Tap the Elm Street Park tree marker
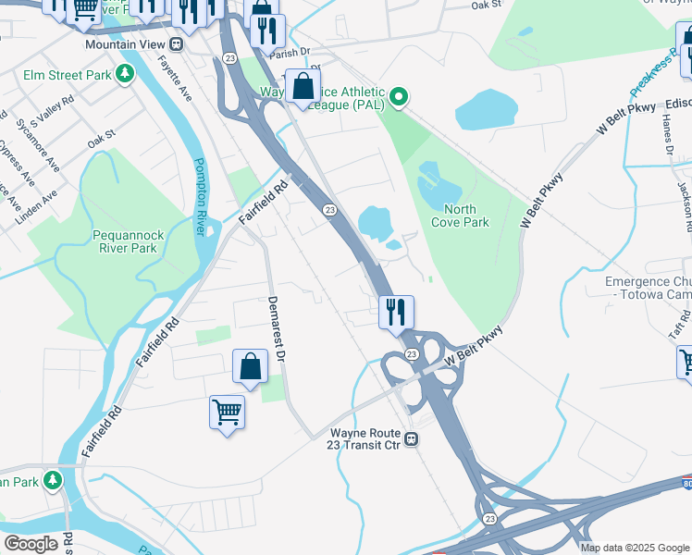click(125, 74)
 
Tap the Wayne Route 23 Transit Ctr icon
click(418, 439)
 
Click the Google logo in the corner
click(31, 543)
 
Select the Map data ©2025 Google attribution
click(634, 548)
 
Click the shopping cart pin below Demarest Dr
click(227, 412)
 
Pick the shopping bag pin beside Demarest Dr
click(250, 366)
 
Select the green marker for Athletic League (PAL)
click(398, 95)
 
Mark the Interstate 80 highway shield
click(686, 483)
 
